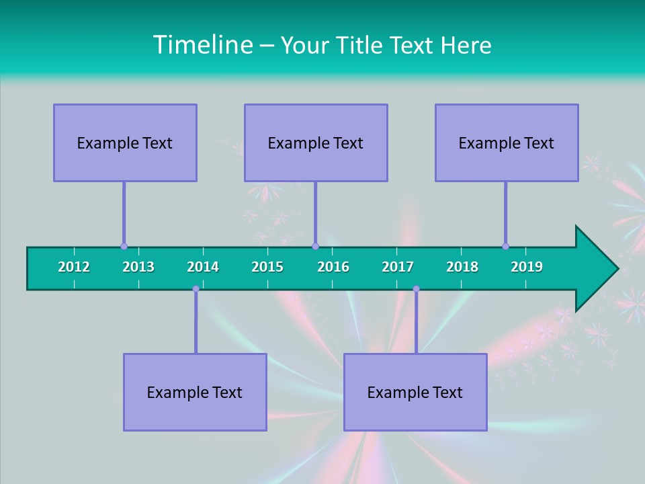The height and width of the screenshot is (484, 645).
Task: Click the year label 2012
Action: click(74, 267)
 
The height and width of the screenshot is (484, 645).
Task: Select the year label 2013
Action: click(138, 267)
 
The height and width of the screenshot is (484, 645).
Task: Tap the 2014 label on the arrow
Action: click(203, 267)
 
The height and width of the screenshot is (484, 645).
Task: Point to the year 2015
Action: click(267, 267)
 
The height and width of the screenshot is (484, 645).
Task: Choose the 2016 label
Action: click(333, 267)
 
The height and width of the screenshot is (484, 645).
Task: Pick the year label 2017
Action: click(398, 267)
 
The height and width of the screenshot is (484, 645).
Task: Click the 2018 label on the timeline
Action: click(462, 267)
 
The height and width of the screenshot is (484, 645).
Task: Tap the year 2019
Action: click(527, 267)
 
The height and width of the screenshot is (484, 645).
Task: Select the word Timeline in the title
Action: click(202, 45)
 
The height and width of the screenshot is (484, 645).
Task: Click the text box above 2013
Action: click(125, 143)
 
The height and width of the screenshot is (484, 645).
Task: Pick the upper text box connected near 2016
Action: click(316, 143)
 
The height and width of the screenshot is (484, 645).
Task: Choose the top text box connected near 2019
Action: click(507, 143)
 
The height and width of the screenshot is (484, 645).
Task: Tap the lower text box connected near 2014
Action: click(195, 392)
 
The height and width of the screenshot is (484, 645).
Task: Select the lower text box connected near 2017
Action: click(415, 392)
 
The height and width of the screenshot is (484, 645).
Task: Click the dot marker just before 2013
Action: click(124, 246)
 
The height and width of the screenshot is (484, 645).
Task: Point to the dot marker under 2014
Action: click(196, 289)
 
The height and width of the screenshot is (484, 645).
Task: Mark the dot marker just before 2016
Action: click(315, 246)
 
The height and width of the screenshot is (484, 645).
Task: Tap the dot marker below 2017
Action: click(416, 289)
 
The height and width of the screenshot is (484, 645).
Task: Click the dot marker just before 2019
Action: click(505, 246)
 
